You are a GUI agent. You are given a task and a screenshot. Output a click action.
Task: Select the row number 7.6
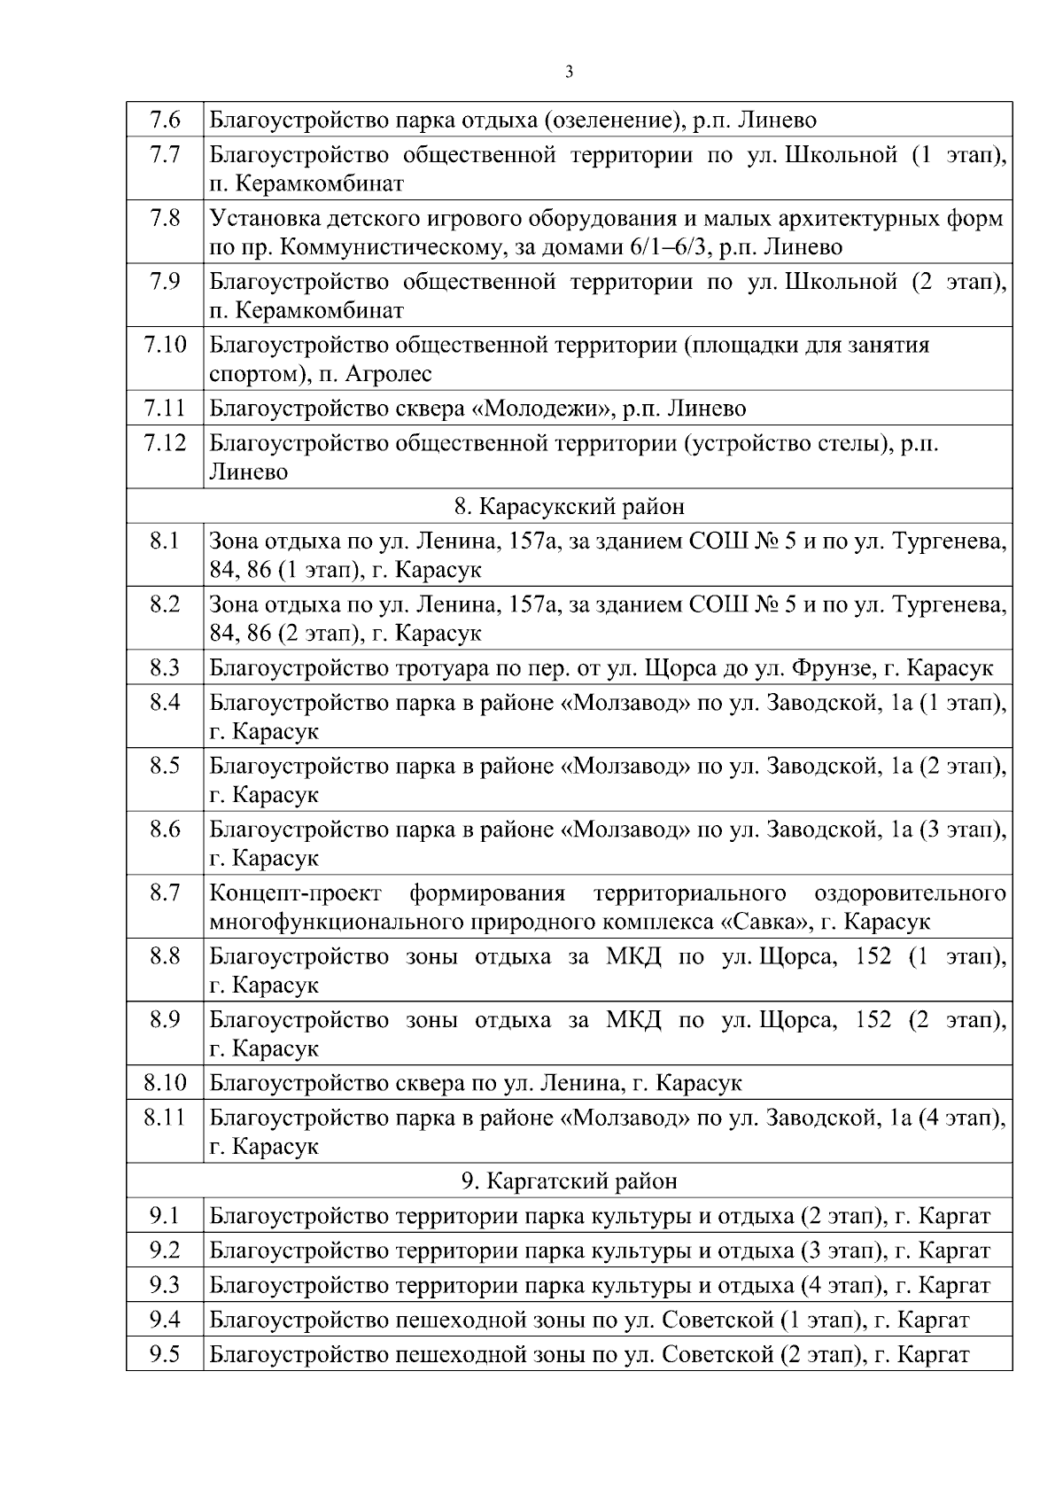click(x=165, y=120)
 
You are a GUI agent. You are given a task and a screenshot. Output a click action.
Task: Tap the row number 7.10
click(x=165, y=344)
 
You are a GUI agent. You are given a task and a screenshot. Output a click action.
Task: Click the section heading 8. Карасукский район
click(x=569, y=506)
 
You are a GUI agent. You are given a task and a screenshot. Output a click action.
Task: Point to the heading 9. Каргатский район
click(x=569, y=1181)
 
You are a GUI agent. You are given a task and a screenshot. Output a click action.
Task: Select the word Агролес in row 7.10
click(x=388, y=374)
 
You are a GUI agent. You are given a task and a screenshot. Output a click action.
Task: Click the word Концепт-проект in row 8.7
click(x=295, y=892)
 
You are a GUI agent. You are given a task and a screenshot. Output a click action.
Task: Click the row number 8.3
click(x=165, y=667)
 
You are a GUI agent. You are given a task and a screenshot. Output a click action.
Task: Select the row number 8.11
click(x=165, y=1117)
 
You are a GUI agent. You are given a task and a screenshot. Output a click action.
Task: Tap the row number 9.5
click(x=165, y=1354)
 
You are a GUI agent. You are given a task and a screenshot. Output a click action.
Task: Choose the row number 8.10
click(x=165, y=1082)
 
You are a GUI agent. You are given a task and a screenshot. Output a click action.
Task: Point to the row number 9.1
click(x=165, y=1215)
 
